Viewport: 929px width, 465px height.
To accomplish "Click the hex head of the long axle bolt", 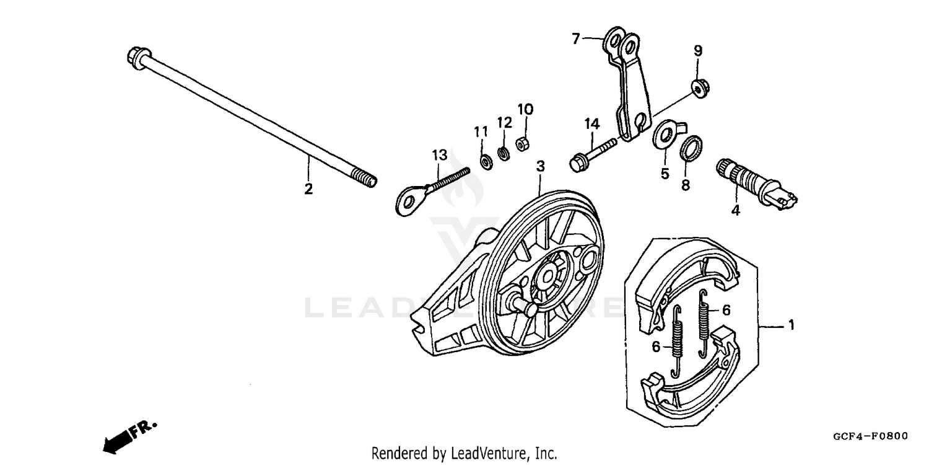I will point(134,57).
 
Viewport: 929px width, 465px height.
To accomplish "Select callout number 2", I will point(308,189).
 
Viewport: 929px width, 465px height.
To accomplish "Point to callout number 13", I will point(438,154).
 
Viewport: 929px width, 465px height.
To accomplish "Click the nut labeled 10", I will point(521,143).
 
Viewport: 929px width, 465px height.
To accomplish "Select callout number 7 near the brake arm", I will point(576,40).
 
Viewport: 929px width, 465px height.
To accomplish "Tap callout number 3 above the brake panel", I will point(540,166).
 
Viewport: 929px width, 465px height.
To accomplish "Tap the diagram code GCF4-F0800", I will point(870,436).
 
